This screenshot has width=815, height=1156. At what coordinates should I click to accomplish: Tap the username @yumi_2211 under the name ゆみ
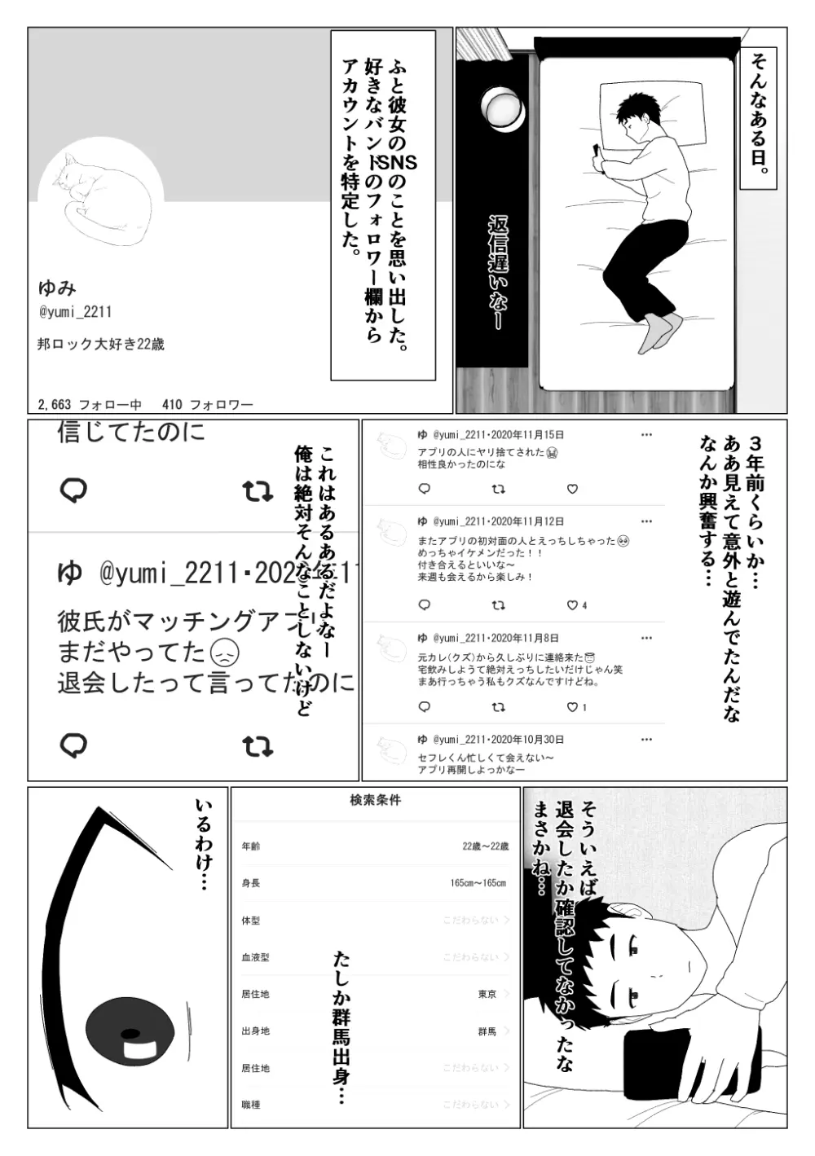point(75,312)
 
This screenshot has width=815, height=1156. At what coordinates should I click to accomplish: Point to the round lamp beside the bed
point(504,110)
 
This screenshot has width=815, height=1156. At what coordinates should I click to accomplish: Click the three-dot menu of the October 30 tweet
point(646,740)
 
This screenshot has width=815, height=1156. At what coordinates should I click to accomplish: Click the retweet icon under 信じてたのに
point(258,491)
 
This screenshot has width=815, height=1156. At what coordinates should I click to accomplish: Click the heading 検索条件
point(375,801)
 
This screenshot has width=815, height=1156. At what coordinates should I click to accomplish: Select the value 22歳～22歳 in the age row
point(485,846)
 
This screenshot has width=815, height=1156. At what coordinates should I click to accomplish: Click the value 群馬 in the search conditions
point(487,1031)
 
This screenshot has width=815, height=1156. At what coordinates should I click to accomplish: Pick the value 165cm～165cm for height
point(478,883)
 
